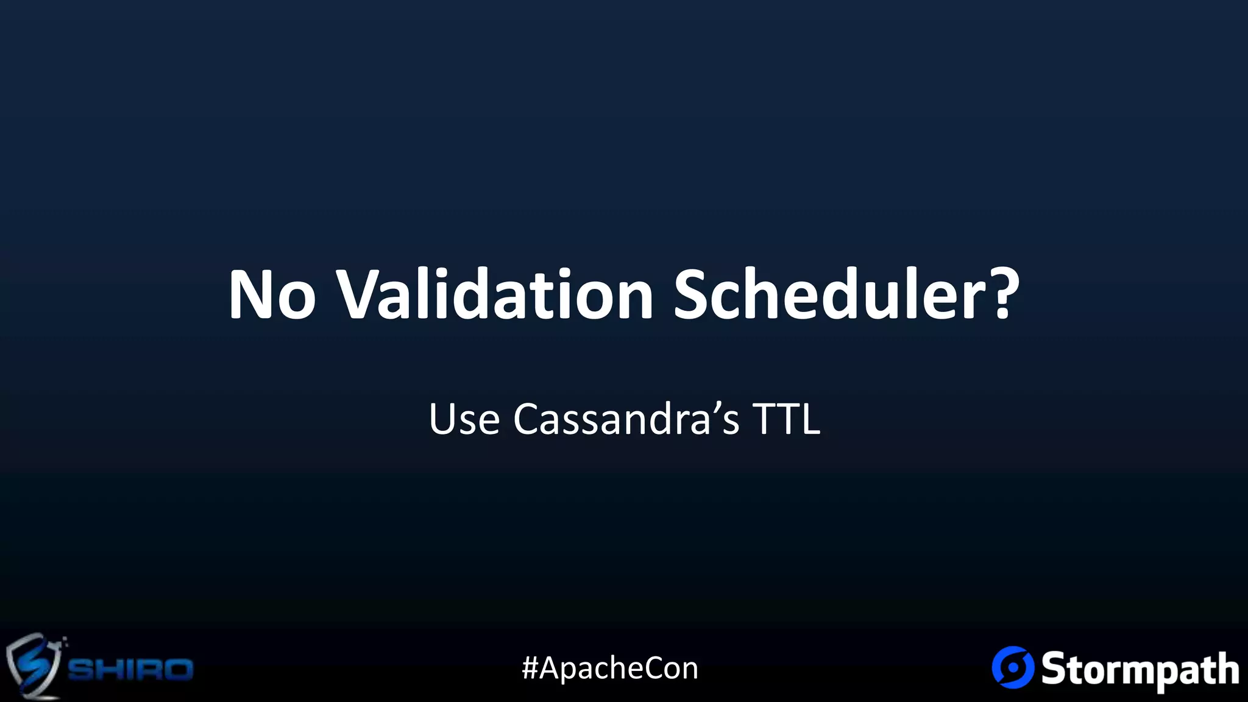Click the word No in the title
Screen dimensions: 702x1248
pos(272,295)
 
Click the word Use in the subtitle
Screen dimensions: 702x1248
pos(464,419)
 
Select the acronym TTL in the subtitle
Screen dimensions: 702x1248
pos(787,419)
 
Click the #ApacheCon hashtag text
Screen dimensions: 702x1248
pos(610,668)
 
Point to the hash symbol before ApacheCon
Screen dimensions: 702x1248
pos(530,668)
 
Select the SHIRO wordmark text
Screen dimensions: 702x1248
pos(130,670)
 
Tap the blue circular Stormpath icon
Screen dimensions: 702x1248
pos(1013,667)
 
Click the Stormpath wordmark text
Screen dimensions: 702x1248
pos(1140,670)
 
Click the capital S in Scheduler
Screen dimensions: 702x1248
pos(695,295)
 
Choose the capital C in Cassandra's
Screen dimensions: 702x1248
pos(528,419)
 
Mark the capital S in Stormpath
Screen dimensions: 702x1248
pos(1055,668)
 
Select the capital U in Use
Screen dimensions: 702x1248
pos(442,419)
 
